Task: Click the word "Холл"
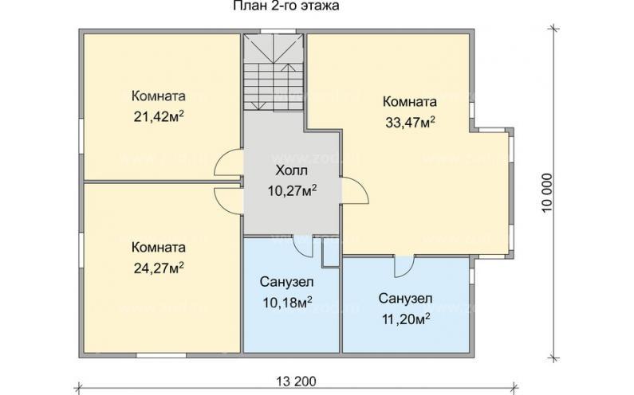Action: [290, 171]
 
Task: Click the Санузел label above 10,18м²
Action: [286, 282]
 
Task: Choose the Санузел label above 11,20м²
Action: [405, 299]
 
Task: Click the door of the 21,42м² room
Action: [229, 164]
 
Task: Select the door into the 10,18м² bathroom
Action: [302, 246]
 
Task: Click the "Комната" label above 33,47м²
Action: [409, 102]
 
